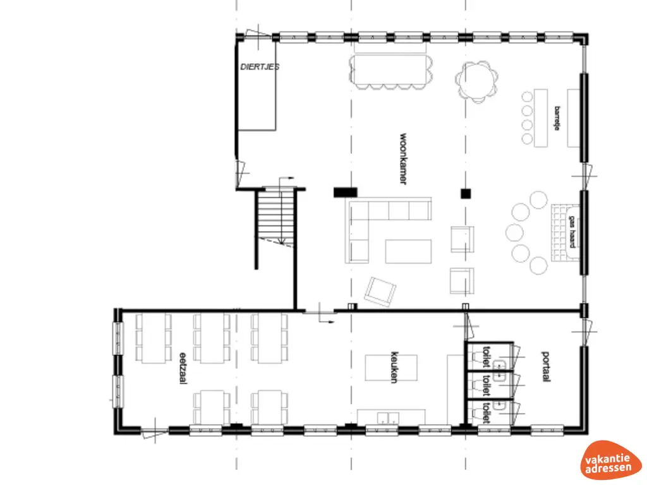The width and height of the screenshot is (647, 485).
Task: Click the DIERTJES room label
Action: pos(260,66)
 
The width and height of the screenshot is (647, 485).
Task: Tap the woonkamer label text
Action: pos(402,159)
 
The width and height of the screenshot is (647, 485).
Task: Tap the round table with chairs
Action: pos(477,80)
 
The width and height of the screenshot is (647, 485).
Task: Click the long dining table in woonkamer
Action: pos(392,71)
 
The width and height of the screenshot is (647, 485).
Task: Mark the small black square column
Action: pos(466,193)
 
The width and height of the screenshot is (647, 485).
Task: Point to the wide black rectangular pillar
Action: pos(345,192)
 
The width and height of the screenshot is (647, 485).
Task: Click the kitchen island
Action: pos(391,368)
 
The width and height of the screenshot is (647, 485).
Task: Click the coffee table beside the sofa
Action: pos(408,251)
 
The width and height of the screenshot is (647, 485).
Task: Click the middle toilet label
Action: pos(486,382)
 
